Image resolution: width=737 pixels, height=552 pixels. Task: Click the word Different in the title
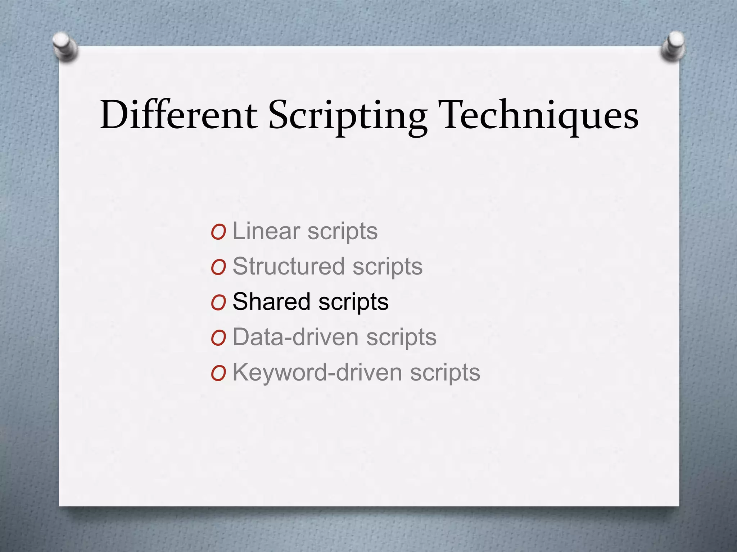coord(179,115)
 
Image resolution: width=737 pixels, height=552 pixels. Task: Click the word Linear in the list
coord(266,231)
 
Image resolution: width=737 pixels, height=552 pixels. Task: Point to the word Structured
coord(289,266)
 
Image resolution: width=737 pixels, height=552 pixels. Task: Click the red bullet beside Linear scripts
coord(218,232)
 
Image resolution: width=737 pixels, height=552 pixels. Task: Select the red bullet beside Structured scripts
coord(218,268)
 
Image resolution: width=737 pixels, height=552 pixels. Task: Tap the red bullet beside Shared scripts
coord(218,303)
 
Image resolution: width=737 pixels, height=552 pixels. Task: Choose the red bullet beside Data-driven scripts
coord(218,338)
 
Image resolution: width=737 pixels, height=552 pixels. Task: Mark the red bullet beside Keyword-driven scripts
coord(218,374)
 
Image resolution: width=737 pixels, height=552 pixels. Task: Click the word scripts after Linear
coord(342,232)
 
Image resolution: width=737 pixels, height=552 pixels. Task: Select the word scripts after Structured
coord(387,267)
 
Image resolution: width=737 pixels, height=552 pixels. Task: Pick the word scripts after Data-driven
coord(401,338)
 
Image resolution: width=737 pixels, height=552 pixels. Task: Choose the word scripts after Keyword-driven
coord(445,373)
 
